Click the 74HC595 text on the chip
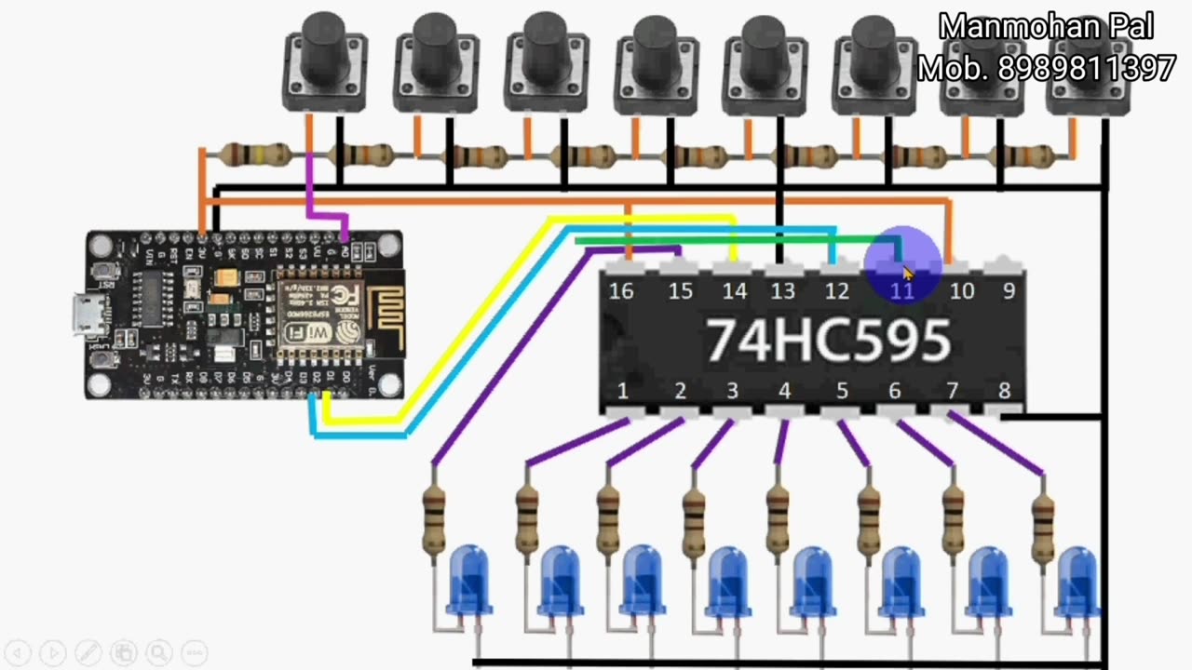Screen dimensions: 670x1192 click(827, 341)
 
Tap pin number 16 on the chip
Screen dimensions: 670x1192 click(621, 291)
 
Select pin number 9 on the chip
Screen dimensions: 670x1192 click(1009, 291)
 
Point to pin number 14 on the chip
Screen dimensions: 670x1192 click(735, 291)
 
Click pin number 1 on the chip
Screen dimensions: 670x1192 click(623, 392)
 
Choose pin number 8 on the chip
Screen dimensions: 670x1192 click(1004, 392)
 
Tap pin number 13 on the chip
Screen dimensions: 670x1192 click(783, 291)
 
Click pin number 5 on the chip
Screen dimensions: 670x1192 click(842, 392)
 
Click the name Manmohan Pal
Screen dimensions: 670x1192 click(1046, 27)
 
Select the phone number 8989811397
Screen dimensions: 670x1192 click(1087, 68)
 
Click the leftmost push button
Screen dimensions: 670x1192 click(324, 62)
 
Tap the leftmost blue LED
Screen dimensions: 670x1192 click(469, 581)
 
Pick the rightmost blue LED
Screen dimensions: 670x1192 click(1077, 581)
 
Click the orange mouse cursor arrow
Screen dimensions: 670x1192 click(908, 273)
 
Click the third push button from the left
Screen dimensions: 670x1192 click(546, 62)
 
